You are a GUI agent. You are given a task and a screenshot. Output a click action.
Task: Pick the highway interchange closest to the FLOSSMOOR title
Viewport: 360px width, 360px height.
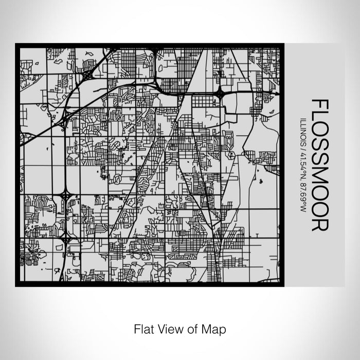tap(220, 94)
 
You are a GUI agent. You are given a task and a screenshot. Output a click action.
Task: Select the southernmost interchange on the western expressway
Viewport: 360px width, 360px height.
tap(66, 238)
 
